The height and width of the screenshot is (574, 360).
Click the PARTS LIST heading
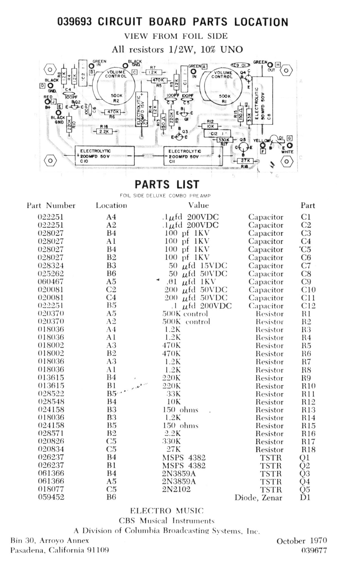[167, 185]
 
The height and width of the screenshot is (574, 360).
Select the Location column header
[111, 206]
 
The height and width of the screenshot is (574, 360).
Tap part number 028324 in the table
[51, 266]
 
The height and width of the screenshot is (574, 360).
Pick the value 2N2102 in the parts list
[176, 489]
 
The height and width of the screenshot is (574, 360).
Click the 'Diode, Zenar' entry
[258, 498]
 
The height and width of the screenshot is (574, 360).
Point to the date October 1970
[302, 541]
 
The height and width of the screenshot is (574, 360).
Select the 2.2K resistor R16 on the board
[104, 131]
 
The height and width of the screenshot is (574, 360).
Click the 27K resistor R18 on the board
[245, 161]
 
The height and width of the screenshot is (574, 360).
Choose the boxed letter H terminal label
[278, 65]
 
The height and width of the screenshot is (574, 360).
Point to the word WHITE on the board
[287, 152]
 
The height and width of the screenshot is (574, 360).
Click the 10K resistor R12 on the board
[210, 126]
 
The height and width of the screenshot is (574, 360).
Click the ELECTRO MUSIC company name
[167, 511]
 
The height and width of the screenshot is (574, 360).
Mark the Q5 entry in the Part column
[305, 489]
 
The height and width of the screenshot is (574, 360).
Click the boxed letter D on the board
[42, 85]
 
